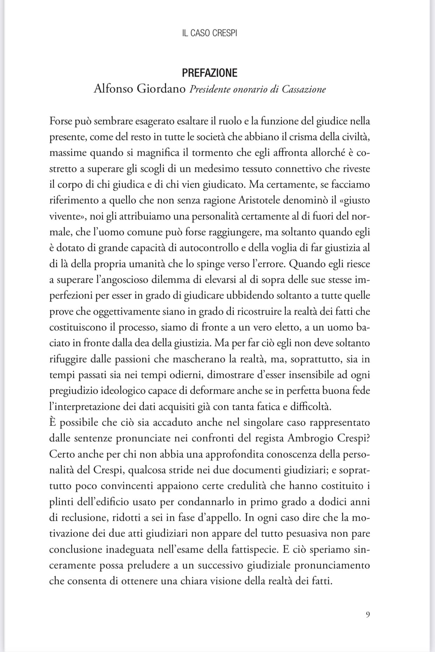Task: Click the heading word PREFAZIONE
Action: [x=209, y=73]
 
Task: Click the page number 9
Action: [x=367, y=615]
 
